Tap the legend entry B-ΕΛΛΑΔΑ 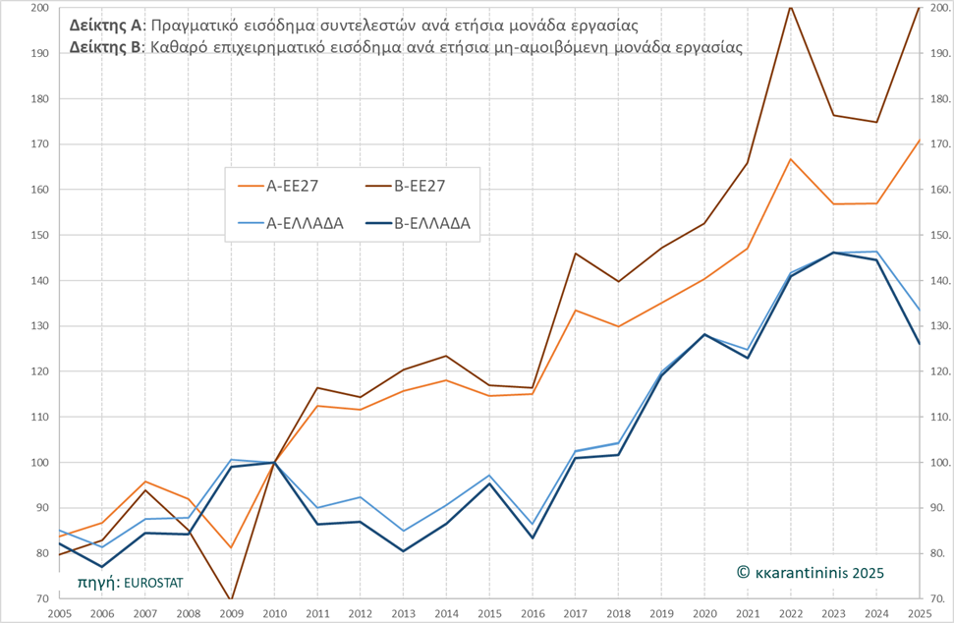coord(431,223)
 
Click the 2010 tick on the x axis coord(274,611)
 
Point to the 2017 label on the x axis coord(576,611)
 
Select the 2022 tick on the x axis coord(790,611)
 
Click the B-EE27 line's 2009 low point coord(232,598)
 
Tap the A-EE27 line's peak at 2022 coord(791,159)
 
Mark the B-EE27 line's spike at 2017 coord(576,254)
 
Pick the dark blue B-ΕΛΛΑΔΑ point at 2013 coord(404,550)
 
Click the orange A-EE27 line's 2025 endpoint coord(919,141)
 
